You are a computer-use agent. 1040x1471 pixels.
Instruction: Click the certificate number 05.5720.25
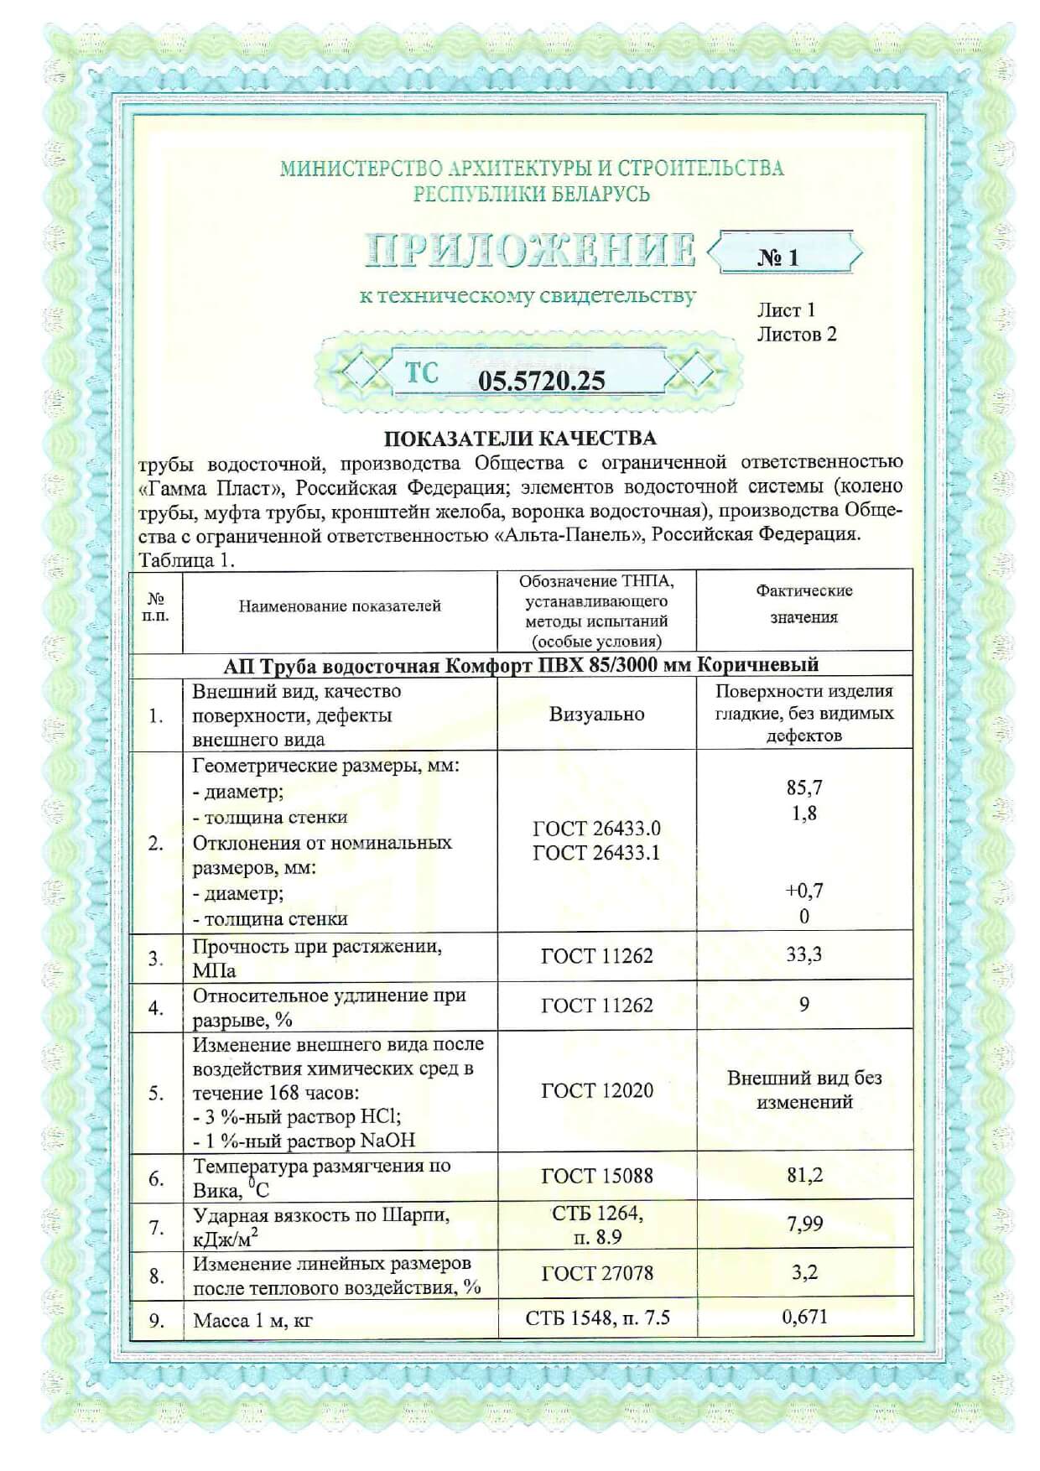click(x=541, y=381)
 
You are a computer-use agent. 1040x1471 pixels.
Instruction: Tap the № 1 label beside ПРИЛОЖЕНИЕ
click(x=778, y=258)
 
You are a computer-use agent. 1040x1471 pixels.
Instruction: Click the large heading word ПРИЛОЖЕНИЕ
click(x=530, y=250)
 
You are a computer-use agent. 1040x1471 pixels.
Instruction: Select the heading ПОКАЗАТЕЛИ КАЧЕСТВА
click(x=520, y=438)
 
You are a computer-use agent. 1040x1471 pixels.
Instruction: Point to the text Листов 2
click(x=797, y=335)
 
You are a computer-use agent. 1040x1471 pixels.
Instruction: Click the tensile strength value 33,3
click(x=803, y=954)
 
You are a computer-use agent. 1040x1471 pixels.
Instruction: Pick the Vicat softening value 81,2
click(x=804, y=1175)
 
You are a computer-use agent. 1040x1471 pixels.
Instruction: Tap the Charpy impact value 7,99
click(x=804, y=1224)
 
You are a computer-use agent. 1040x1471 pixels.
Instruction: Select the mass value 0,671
click(x=804, y=1318)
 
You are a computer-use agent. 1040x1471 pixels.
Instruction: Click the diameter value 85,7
click(x=804, y=787)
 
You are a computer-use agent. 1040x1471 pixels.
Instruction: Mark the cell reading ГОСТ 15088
click(x=596, y=1176)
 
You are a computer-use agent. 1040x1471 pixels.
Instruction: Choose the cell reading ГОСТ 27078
click(x=596, y=1273)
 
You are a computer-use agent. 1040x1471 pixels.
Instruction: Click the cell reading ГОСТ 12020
click(x=596, y=1090)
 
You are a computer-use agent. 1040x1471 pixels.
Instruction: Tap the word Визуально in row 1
click(x=596, y=715)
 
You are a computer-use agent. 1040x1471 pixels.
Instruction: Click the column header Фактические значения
click(x=803, y=604)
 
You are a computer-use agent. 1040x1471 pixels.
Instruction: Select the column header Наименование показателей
click(x=340, y=606)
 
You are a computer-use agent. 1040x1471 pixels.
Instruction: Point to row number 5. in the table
click(x=156, y=1094)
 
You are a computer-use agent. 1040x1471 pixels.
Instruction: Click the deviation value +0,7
click(x=803, y=890)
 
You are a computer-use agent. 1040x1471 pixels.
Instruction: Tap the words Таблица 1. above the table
click(x=187, y=559)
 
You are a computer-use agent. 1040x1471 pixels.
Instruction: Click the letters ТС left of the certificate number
click(x=421, y=373)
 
